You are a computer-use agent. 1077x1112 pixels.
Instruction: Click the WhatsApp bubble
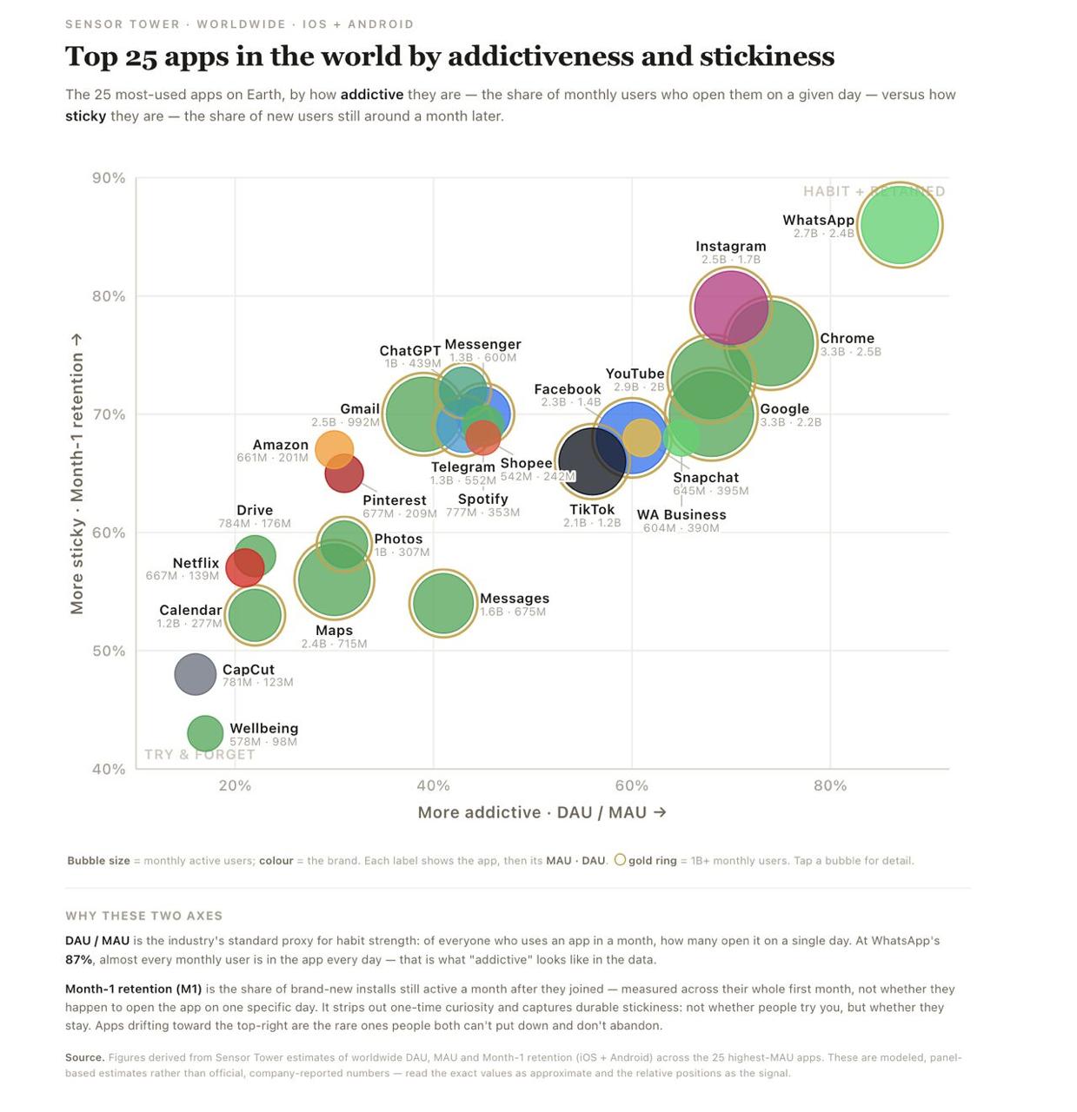(x=899, y=224)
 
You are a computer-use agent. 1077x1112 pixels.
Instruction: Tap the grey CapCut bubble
(x=195, y=674)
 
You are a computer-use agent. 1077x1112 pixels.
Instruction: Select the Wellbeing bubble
(x=204, y=733)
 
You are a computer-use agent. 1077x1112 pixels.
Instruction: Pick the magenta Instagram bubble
(x=730, y=308)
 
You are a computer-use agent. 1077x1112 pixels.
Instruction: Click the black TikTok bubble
(x=592, y=460)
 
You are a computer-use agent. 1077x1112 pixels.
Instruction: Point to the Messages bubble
(x=443, y=603)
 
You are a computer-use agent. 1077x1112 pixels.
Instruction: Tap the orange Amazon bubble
(x=334, y=449)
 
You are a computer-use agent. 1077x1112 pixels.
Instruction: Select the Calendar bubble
(x=255, y=615)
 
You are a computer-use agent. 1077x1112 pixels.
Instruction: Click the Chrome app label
(x=847, y=338)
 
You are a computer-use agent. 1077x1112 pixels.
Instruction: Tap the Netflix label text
(x=196, y=563)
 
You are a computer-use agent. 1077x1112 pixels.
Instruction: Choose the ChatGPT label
(x=410, y=350)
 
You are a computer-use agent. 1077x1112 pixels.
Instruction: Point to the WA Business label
(x=681, y=514)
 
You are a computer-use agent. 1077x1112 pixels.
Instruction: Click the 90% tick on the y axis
(x=109, y=178)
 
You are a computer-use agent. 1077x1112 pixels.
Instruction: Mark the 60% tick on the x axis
(x=632, y=785)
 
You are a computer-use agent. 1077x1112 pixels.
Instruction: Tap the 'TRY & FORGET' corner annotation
(x=200, y=754)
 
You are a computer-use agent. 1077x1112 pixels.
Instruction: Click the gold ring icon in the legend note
(x=620, y=860)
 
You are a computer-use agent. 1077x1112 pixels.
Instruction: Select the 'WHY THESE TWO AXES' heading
(x=143, y=916)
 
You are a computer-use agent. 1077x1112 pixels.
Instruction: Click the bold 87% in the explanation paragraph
(x=79, y=959)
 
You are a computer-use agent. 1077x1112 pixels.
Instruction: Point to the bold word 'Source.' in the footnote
(x=84, y=1057)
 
